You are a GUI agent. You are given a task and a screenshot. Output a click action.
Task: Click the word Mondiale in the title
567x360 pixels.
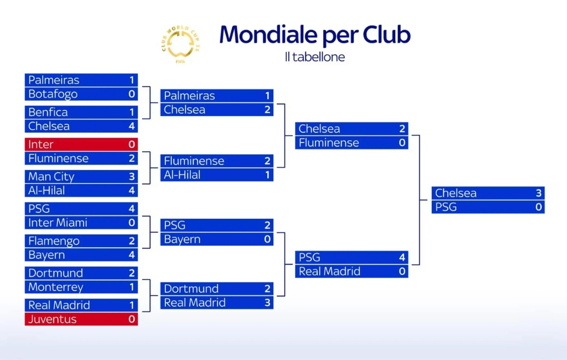(x=269, y=35)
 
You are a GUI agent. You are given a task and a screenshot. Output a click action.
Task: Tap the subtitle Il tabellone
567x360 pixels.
(x=315, y=57)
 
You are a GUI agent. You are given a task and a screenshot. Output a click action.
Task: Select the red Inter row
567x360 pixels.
(x=81, y=144)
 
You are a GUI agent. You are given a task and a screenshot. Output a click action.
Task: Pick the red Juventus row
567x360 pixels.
(x=81, y=319)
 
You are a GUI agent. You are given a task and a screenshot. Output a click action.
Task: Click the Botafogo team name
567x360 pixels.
(x=53, y=94)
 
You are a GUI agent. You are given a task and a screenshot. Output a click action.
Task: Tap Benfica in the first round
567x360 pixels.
(x=48, y=112)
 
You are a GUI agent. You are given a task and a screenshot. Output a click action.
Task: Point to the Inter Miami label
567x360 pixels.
(x=58, y=223)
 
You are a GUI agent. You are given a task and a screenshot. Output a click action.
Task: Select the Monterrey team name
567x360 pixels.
(x=56, y=287)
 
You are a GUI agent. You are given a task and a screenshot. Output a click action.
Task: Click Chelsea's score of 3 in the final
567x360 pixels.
(x=539, y=193)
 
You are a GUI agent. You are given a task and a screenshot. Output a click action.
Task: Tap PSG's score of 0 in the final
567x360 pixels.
(x=539, y=207)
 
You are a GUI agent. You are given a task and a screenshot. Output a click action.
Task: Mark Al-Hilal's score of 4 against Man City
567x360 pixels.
(x=132, y=190)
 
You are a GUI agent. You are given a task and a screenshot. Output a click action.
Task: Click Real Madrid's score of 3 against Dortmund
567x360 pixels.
(x=267, y=302)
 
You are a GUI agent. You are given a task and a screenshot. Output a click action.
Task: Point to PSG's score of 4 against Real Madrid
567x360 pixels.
(x=402, y=257)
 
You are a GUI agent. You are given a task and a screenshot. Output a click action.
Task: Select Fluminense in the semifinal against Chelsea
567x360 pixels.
(x=329, y=143)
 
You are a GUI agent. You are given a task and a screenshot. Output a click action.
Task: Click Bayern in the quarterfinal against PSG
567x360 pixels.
(x=182, y=239)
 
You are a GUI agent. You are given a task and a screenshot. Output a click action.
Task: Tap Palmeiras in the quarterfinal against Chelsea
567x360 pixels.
(x=189, y=96)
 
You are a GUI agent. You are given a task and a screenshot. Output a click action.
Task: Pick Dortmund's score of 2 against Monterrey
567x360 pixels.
(x=132, y=273)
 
